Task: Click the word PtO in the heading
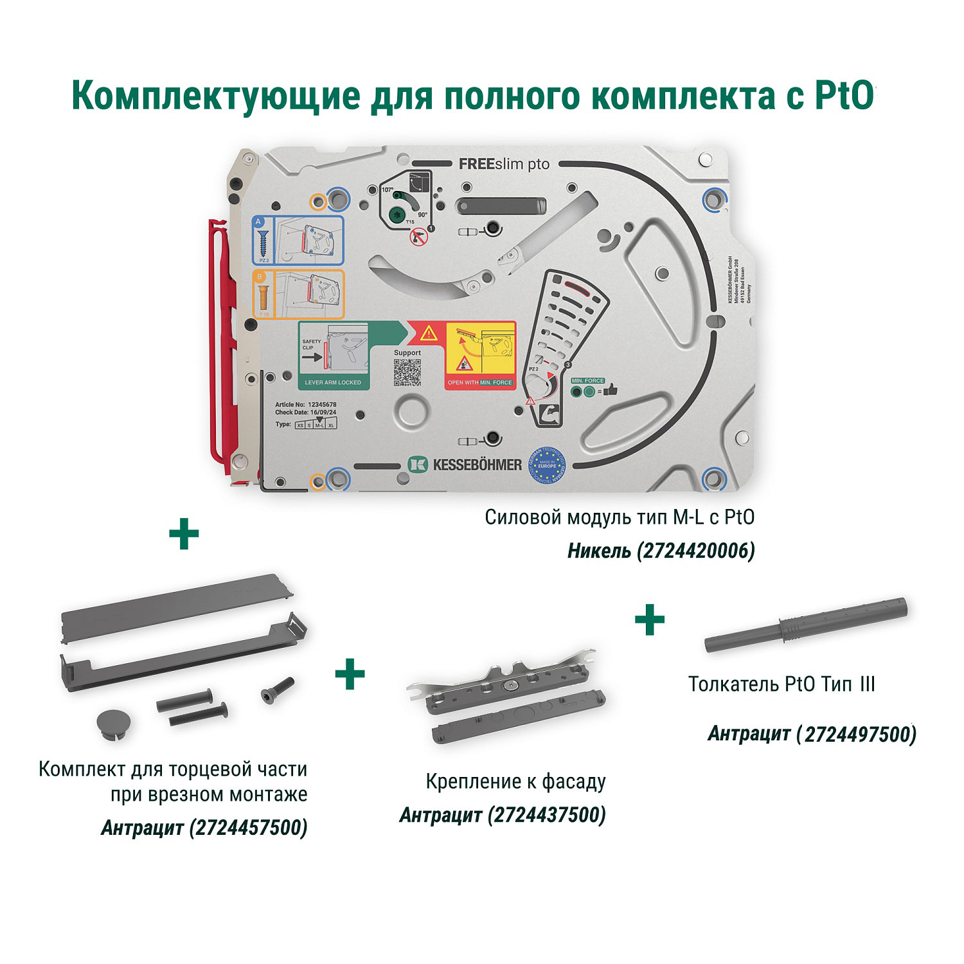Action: (x=844, y=95)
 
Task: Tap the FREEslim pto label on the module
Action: (x=504, y=165)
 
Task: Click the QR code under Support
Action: (x=407, y=372)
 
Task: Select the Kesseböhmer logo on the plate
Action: (x=465, y=464)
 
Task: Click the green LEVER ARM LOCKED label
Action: (x=332, y=382)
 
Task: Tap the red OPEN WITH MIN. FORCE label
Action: (x=480, y=382)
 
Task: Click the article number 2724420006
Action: (x=695, y=551)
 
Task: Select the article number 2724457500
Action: (x=249, y=827)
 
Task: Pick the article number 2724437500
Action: (x=547, y=815)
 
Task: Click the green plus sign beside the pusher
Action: (x=650, y=620)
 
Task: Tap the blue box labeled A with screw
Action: (x=297, y=240)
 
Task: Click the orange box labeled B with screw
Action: (x=297, y=295)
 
